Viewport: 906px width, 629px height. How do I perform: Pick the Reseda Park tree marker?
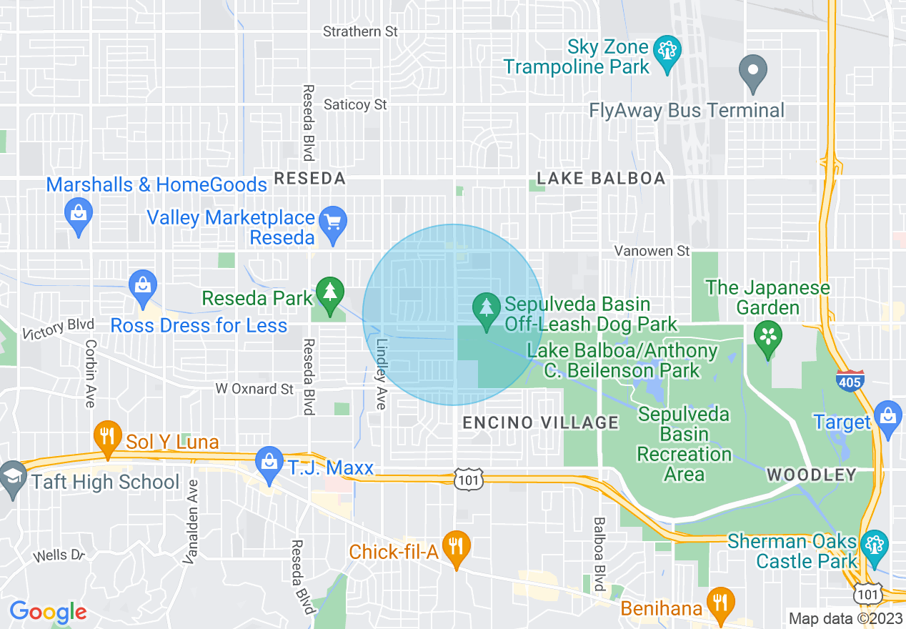(x=329, y=294)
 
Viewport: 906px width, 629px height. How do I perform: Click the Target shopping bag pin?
(x=887, y=419)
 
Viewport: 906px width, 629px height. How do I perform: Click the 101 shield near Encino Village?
(x=468, y=479)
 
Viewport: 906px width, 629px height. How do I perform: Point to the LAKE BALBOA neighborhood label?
(x=601, y=179)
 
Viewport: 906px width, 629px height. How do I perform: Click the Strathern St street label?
(x=360, y=32)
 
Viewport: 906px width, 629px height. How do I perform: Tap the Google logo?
(x=48, y=612)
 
